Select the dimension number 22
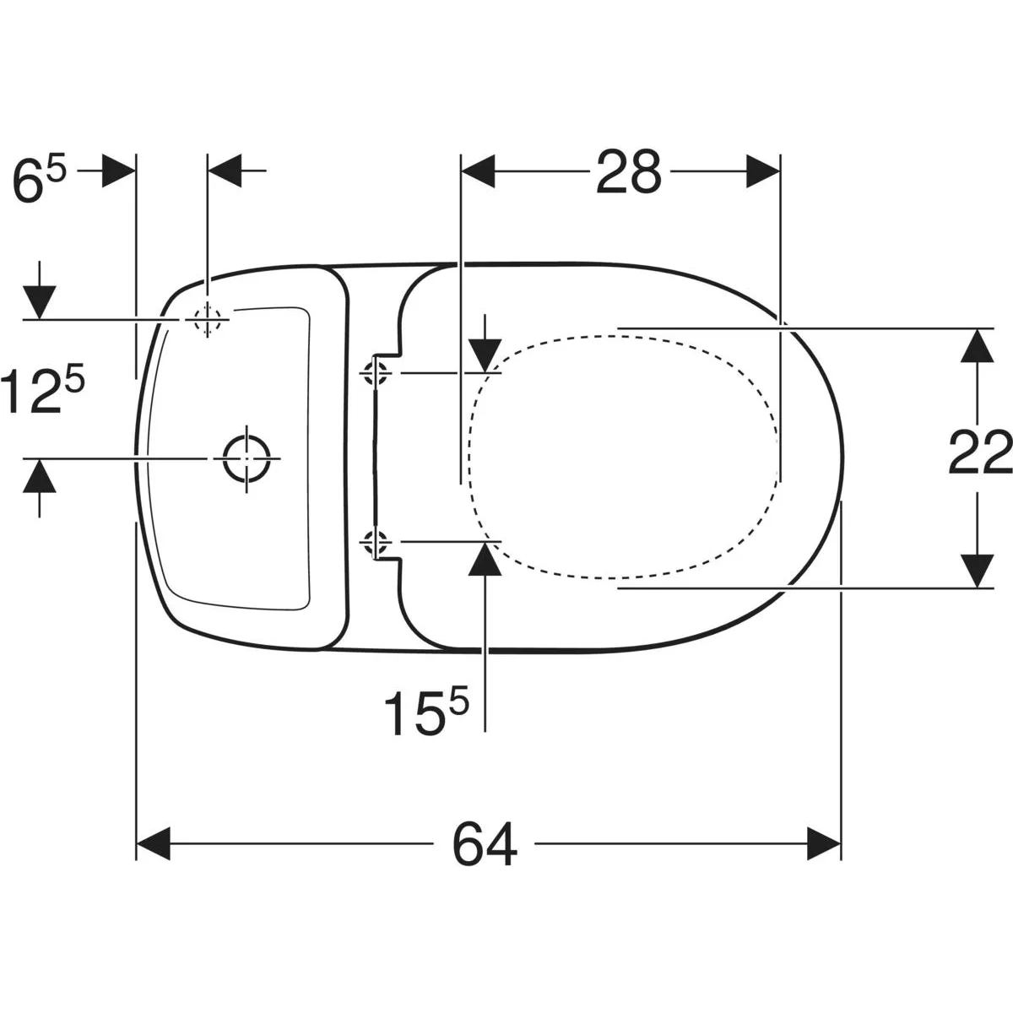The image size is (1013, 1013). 980,452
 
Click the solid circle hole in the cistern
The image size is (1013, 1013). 246,458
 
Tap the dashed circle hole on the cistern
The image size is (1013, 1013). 207,320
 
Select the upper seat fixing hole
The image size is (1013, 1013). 374,373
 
